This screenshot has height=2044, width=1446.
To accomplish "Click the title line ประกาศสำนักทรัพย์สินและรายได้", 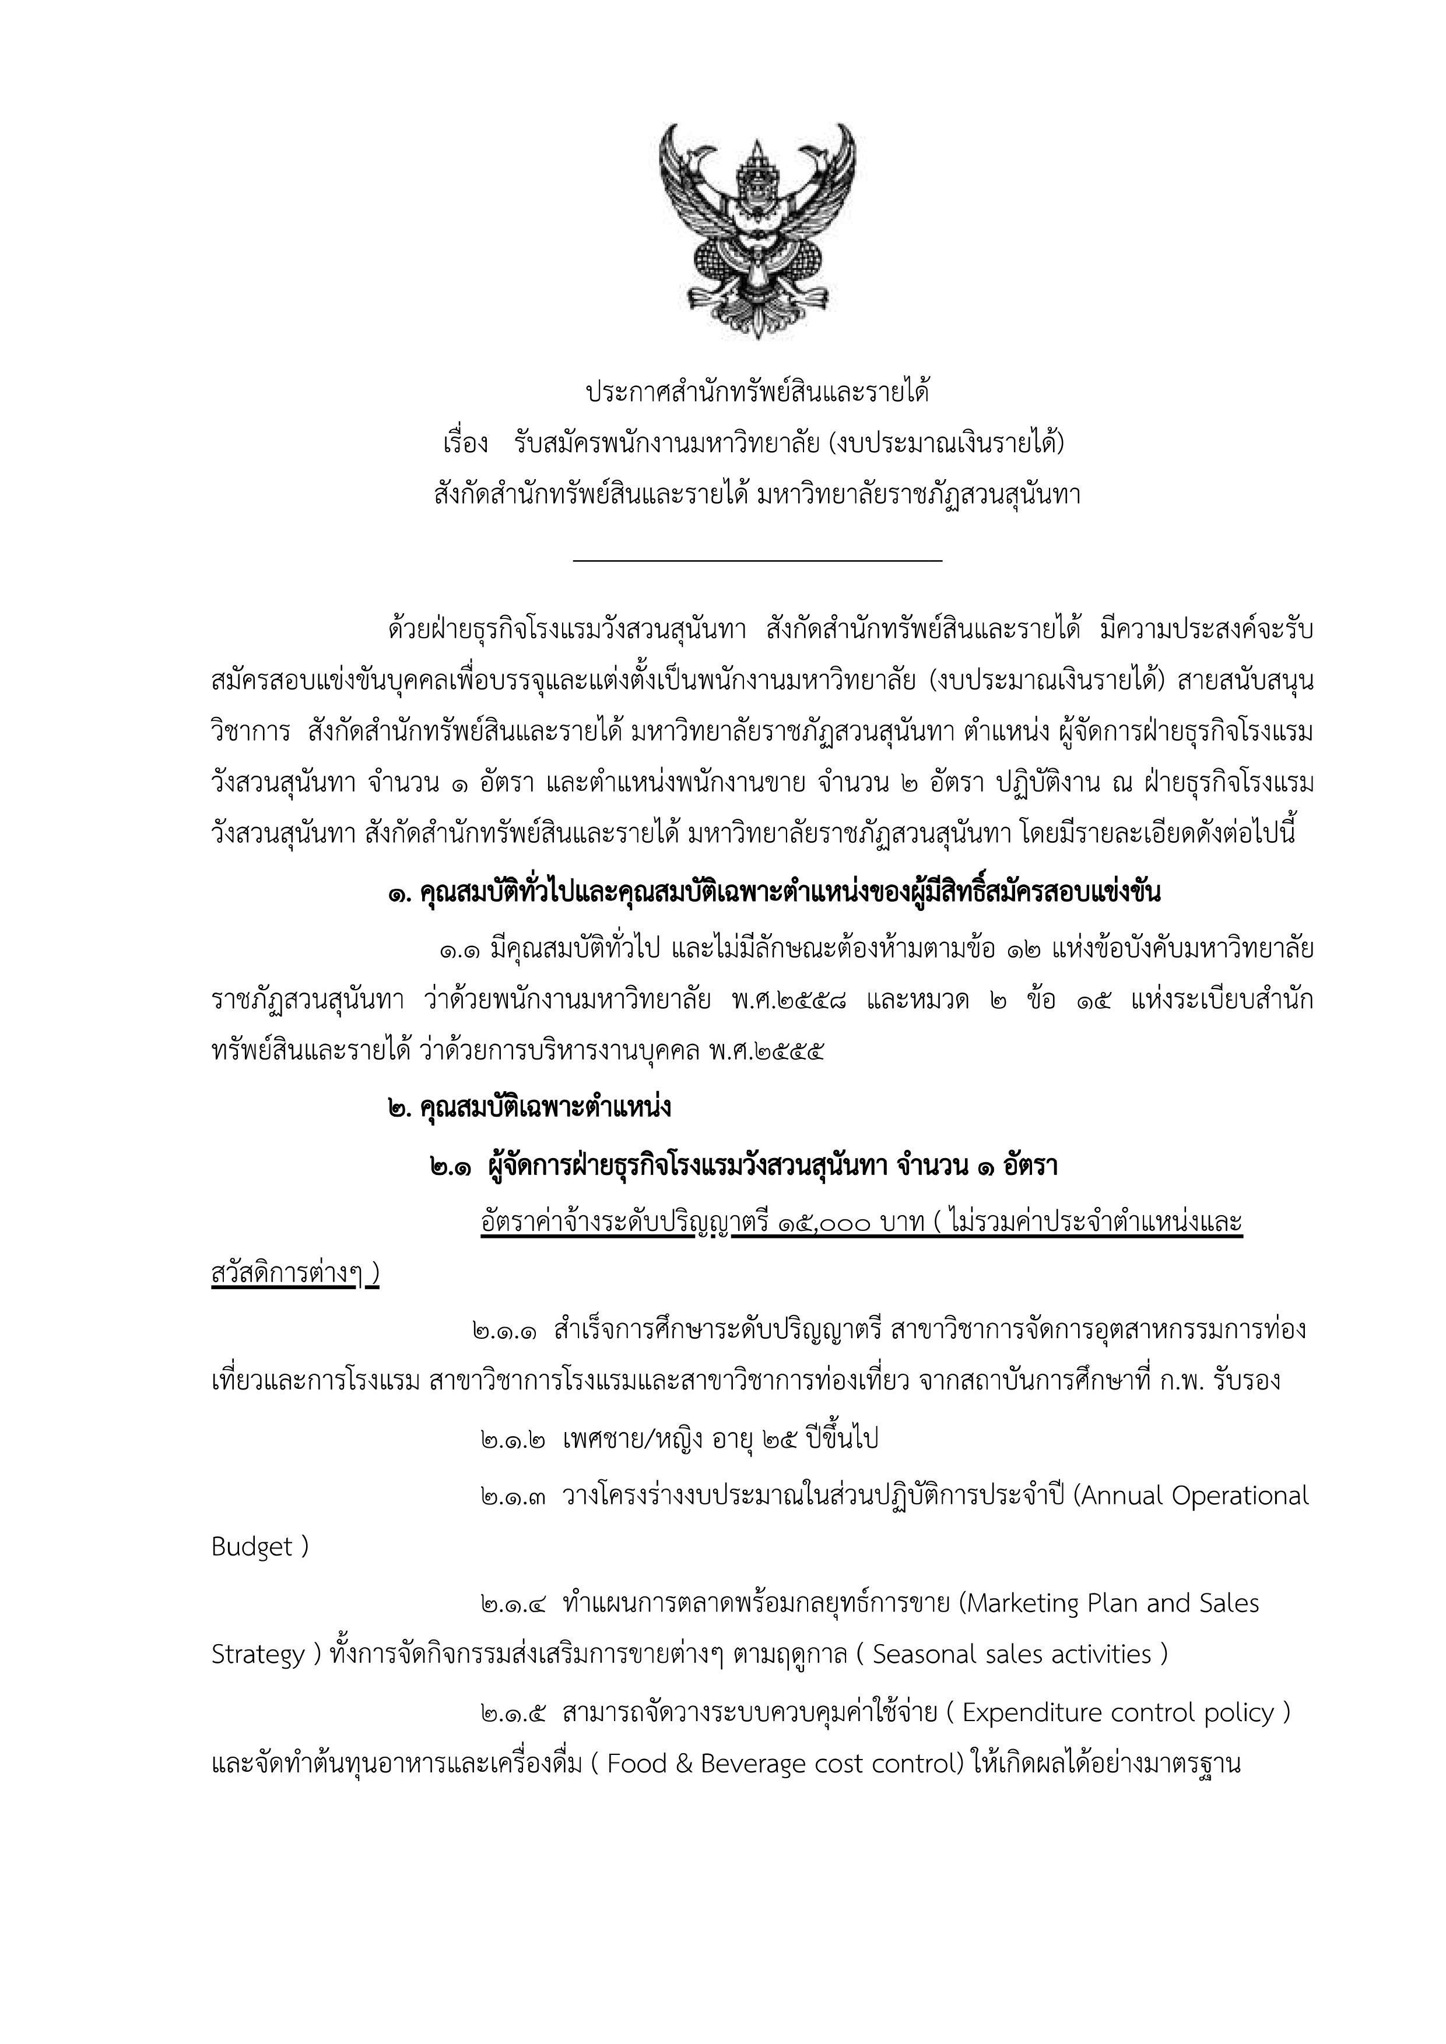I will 757,392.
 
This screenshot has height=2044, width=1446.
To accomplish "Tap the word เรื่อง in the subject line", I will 465,442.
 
